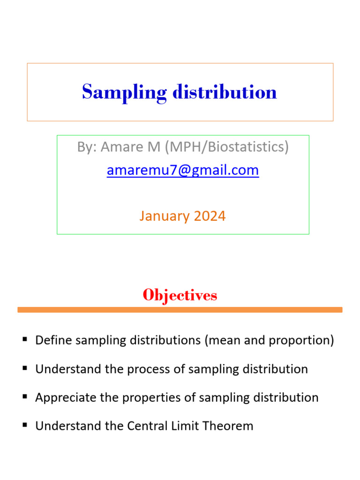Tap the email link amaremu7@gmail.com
183,170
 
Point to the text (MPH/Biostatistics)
226,147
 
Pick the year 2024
210,216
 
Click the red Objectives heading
180,295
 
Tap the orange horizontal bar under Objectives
180,309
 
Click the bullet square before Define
25,339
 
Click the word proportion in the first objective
303,340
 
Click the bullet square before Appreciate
25,397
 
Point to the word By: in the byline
86,147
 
